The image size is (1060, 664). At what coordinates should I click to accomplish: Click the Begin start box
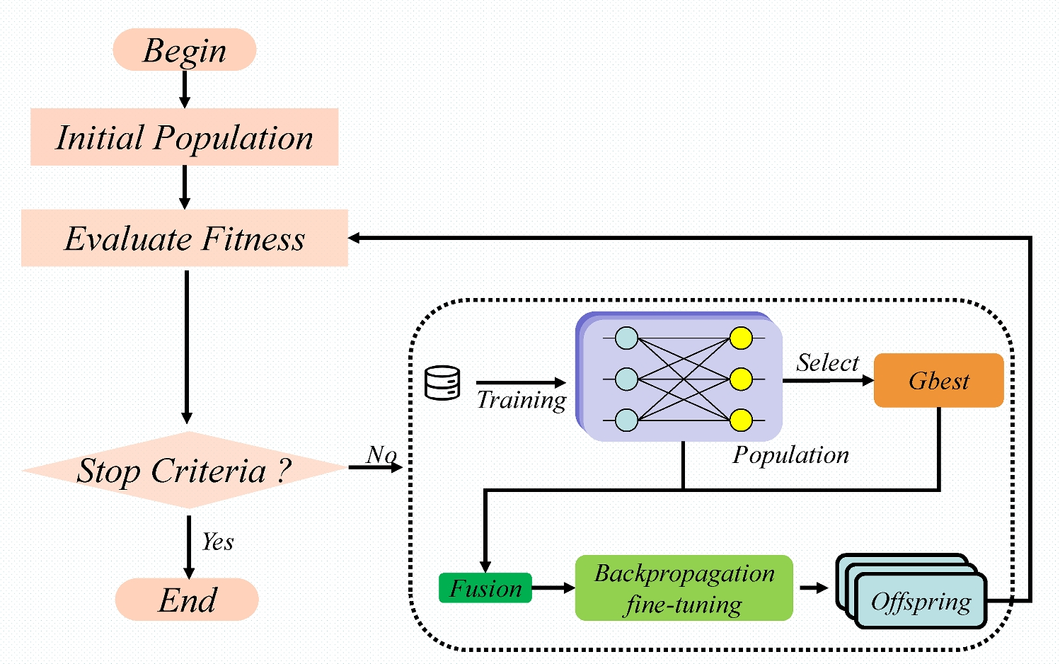coord(184,50)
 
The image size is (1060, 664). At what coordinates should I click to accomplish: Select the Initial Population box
coord(184,137)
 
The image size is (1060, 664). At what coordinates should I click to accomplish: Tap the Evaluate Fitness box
coord(184,239)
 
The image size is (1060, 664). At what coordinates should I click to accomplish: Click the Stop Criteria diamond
coord(184,470)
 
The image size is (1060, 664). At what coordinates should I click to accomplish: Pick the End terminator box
coord(187,600)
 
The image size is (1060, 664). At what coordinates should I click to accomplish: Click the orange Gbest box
coord(938,381)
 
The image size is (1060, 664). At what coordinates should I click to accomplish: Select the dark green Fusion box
coord(485,588)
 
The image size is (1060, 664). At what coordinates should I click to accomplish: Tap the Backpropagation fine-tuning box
coord(684,588)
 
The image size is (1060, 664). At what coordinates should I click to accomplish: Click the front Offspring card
coord(921,602)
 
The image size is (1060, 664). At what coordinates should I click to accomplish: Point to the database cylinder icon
coord(442,383)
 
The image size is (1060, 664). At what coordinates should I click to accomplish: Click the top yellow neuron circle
coord(741,338)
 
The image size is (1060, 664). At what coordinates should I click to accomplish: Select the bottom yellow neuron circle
coord(741,420)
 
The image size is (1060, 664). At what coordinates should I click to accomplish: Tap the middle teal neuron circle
coord(626,379)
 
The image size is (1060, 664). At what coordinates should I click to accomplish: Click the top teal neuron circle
coord(626,338)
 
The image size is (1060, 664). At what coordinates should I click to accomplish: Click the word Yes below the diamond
coord(217,542)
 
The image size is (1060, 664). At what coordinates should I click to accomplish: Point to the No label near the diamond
coord(381,454)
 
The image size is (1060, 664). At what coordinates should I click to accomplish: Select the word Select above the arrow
coord(827,362)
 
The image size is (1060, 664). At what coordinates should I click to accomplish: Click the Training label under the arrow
coord(522,400)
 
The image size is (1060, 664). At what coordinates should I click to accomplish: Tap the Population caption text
coord(790,455)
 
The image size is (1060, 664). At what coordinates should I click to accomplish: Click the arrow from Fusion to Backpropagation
coord(553,588)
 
